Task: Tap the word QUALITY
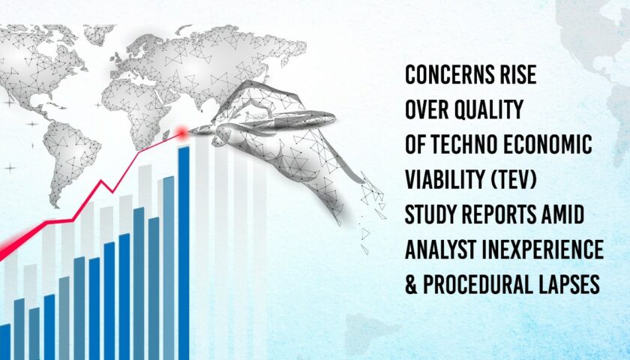[x=488, y=109]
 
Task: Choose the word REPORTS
[x=499, y=214]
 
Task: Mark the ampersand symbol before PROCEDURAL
[x=412, y=284]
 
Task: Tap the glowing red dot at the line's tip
[x=182, y=132]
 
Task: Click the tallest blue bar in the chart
[x=184, y=253]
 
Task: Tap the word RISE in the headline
[x=520, y=75]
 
